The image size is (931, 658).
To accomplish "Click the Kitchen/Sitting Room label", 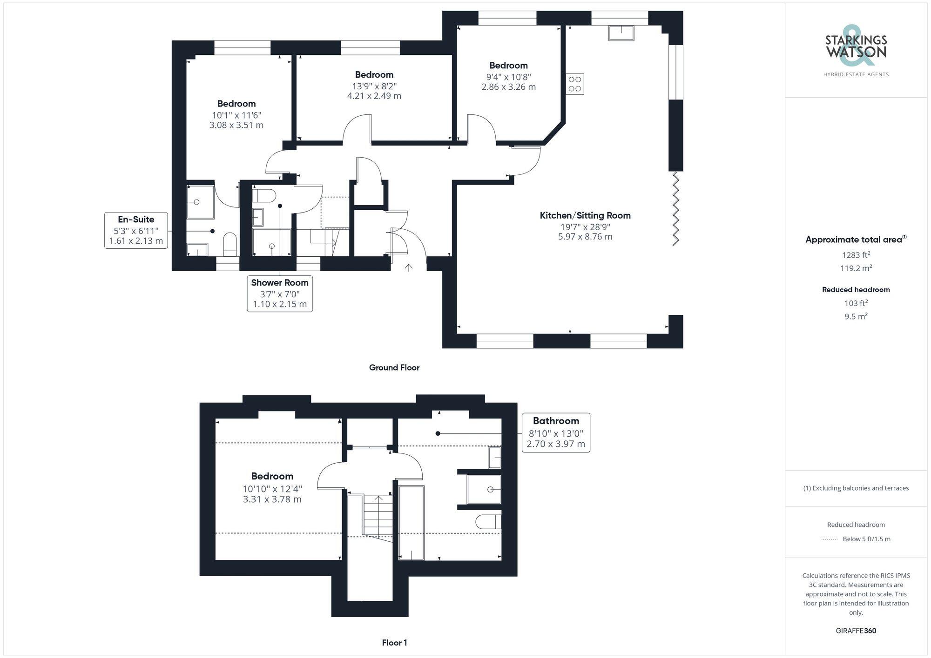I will point(585,215).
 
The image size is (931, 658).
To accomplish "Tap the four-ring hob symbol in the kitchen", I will point(575,84).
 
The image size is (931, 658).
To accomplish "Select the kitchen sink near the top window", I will point(621,33).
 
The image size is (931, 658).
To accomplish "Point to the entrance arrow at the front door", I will point(409,267).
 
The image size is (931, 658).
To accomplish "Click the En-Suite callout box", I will point(136,230).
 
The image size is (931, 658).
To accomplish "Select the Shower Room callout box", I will point(280,293).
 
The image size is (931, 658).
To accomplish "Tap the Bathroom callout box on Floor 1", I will point(556,432).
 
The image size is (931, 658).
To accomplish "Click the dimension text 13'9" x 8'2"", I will point(374,86).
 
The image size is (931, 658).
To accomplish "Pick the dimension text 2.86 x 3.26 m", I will point(508,87).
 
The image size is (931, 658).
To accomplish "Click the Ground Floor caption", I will point(394,367).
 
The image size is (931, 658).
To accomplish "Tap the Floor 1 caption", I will point(394,643).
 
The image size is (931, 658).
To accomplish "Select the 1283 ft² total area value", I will point(856,255).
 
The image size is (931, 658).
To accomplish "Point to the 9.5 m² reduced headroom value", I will point(856,316).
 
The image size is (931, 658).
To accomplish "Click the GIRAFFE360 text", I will point(856,631).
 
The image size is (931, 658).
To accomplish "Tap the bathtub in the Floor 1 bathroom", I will point(412,522).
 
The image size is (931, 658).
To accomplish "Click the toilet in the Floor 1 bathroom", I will point(489,522).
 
